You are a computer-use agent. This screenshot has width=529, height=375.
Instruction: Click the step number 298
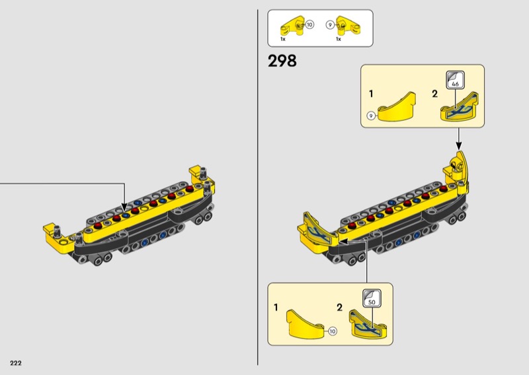pyautogui.click(x=282, y=61)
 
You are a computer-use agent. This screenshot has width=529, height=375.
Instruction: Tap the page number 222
pyautogui.click(x=16, y=363)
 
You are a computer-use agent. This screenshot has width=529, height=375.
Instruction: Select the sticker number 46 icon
pyautogui.click(x=455, y=80)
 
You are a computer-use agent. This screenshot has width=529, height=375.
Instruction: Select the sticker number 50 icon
pyautogui.click(x=372, y=298)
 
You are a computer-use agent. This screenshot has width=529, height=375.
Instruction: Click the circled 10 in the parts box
pyautogui.click(x=309, y=24)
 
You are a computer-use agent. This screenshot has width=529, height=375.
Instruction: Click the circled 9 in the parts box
pyautogui.click(x=330, y=25)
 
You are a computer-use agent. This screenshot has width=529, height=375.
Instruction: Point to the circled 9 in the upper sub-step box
pyautogui.click(x=371, y=116)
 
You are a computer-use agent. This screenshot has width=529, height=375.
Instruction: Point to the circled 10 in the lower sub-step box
pyautogui.click(x=333, y=331)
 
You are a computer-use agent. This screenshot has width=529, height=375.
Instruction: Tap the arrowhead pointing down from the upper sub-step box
pyautogui.click(x=458, y=145)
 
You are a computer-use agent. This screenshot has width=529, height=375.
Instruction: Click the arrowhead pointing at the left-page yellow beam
pyautogui.click(x=124, y=207)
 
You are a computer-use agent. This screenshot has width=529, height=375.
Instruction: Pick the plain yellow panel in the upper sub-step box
pyautogui.click(x=397, y=107)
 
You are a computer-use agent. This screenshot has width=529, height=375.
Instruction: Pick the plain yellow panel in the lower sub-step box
pyautogui.click(x=305, y=323)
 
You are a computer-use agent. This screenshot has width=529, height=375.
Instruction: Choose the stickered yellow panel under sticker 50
pyautogui.click(x=368, y=324)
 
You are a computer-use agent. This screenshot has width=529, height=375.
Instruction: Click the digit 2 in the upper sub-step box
pyautogui.click(x=435, y=94)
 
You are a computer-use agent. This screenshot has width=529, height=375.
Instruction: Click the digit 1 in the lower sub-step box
pyautogui.click(x=276, y=307)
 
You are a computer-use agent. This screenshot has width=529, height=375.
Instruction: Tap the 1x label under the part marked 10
pyautogui.click(x=283, y=40)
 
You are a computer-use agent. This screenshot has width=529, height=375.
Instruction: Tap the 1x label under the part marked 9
pyautogui.click(x=339, y=40)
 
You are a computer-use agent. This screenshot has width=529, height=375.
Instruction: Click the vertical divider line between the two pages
pyautogui.click(x=258, y=187)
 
